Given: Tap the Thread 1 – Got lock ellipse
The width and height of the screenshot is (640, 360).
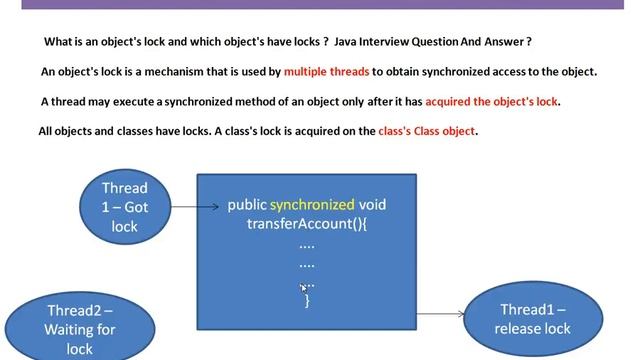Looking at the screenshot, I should point(125,207).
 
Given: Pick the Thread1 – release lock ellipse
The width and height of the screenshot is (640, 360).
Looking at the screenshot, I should point(534,318).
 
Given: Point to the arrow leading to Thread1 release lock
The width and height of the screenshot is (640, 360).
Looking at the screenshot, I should point(441,314).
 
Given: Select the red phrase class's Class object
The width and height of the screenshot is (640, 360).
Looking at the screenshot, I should point(427,131).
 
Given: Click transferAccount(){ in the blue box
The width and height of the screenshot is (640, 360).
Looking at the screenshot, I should point(307,224).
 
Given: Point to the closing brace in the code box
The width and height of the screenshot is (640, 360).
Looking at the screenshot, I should point(307,300).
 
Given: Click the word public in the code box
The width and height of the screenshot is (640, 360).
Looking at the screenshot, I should point(247,205).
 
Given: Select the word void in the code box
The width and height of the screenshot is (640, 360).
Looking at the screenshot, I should point(373,205).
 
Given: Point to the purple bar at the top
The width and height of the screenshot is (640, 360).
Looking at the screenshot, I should point(320,4).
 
